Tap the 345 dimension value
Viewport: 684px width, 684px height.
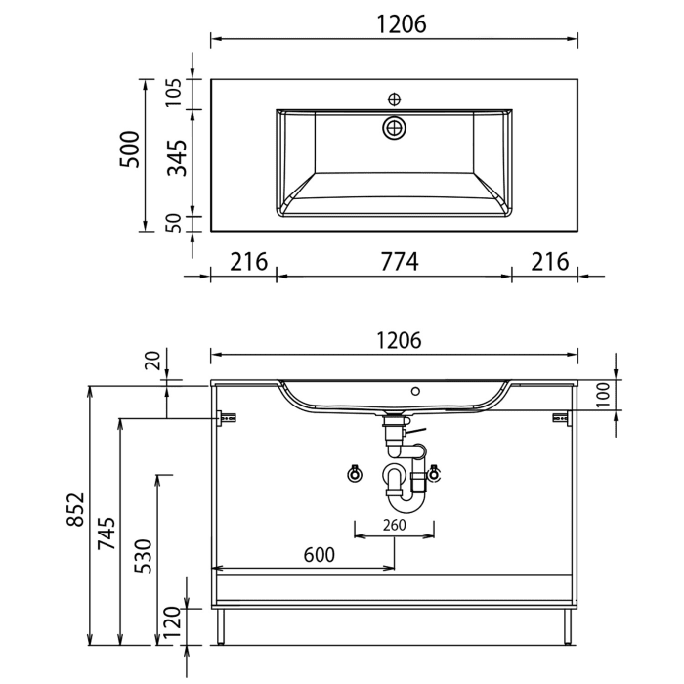(177, 157)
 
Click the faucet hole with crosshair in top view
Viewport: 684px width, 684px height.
(395, 98)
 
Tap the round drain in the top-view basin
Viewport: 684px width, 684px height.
(395, 127)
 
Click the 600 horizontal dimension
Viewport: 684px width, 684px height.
(319, 554)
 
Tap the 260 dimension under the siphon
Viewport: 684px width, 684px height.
(395, 525)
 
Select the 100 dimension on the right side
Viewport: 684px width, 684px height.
(603, 395)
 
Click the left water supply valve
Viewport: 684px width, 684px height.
(355, 475)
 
